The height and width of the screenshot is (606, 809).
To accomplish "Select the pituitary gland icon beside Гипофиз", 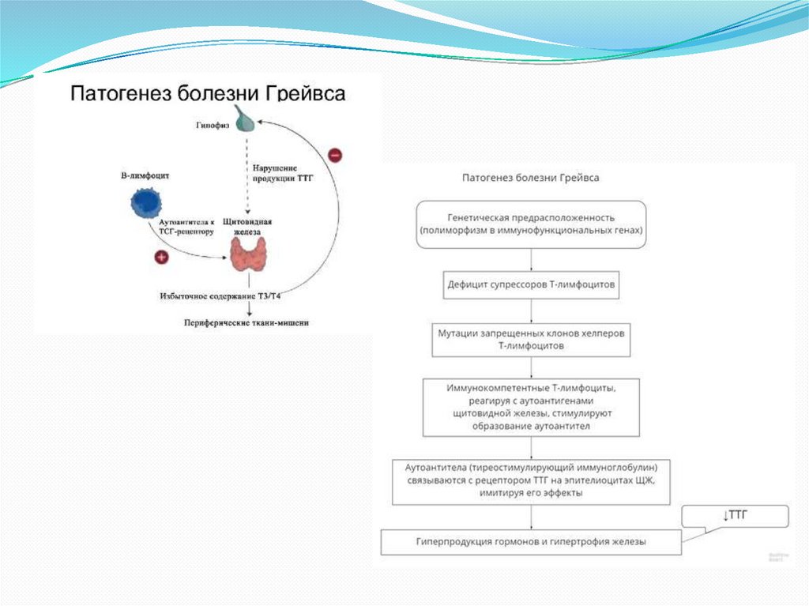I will tap(247, 118).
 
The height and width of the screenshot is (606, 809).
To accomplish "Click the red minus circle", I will tap(334, 156).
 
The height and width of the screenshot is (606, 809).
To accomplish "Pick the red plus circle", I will tap(161, 257).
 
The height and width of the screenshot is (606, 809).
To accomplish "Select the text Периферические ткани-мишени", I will tap(246, 322).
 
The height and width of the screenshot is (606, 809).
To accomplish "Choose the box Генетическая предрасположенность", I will tap(531, 224).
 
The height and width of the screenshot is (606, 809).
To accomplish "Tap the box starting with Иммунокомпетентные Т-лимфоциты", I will tap(531, 408).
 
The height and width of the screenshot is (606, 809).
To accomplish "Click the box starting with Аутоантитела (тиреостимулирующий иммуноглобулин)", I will tap(531, 480).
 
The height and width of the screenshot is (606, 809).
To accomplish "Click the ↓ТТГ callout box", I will tap(736, 516).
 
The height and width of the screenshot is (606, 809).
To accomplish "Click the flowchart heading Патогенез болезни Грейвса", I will tap(530, 178).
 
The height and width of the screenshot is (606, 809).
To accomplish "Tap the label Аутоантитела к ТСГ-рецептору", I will tap(186, 228).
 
